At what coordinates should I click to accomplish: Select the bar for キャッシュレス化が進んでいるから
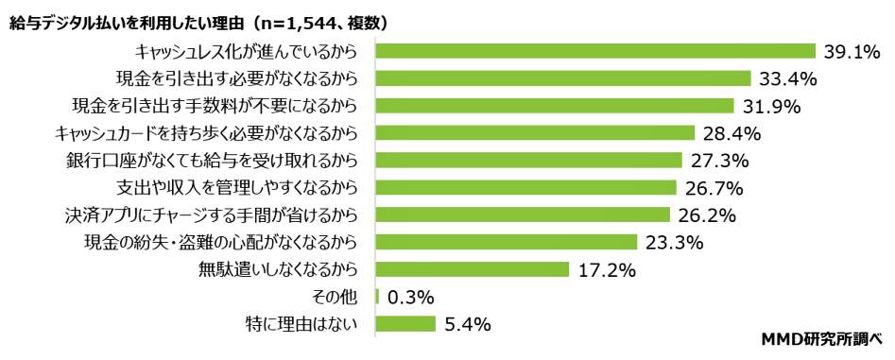point(595,51)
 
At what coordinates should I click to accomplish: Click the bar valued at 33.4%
point(563,78)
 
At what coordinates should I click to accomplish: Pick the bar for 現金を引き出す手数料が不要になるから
point(555,106)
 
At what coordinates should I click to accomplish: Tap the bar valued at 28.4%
point(535,133)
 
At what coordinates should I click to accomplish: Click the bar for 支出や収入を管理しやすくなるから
point(526,187)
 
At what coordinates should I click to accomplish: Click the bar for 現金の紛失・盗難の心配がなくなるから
point(507,242)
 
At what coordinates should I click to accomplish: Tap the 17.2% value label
point(607,270)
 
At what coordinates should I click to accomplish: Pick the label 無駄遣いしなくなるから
point(277,269)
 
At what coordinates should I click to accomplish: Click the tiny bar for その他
point(377,297)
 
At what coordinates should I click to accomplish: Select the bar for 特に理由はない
point(405,324)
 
